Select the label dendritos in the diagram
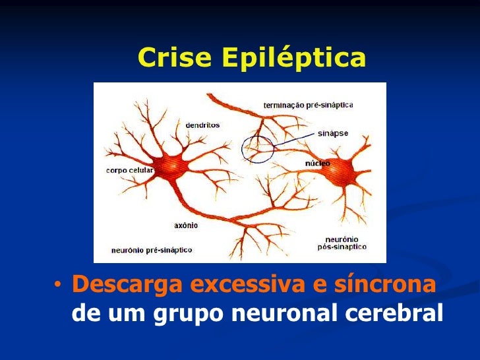202,125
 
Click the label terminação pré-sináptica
308,105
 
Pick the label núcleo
317,162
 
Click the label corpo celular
129,170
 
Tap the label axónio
185,225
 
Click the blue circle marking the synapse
257,148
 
